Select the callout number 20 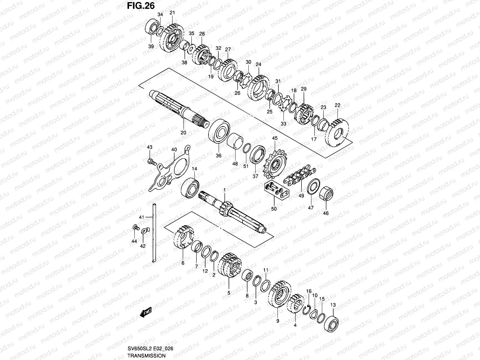pos(183,132)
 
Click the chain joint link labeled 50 pos(276,192)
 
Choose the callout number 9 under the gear pos(278,321)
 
